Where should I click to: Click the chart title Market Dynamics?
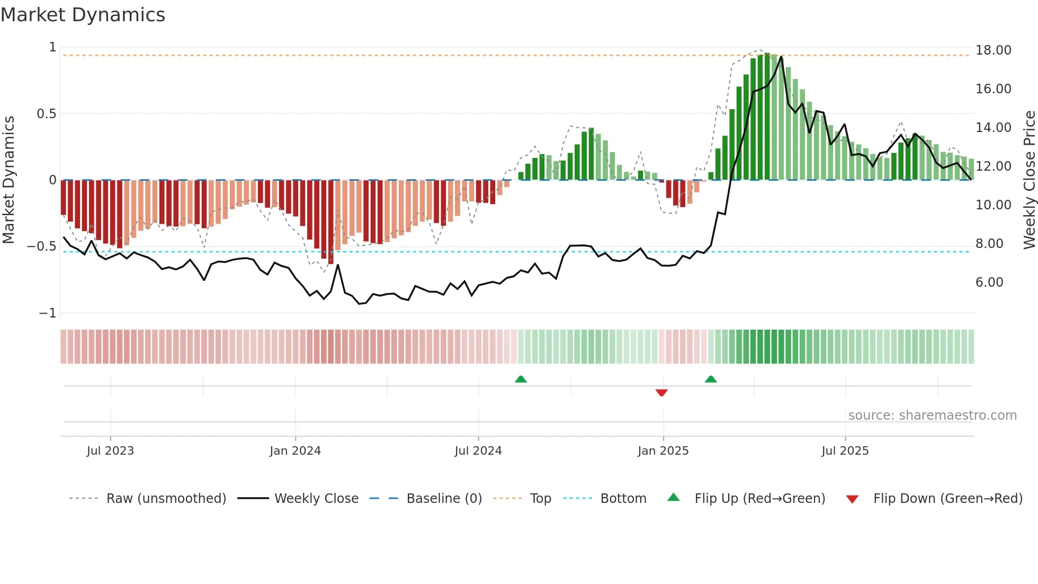click(83, 15)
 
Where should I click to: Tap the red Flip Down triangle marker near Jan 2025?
click(661, 393)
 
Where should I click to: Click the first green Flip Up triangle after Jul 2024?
click(521, 379)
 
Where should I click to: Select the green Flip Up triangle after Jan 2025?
click(711, 379)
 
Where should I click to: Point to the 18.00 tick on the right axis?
click(993, 50)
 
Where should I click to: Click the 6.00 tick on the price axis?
click(989, 282)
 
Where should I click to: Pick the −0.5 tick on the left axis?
click(42, 246)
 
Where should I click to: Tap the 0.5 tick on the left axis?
click(46, 114)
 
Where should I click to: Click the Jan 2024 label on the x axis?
click(295, 451)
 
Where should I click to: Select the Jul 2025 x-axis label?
click(845, 451)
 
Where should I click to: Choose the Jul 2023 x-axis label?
click(110, 451)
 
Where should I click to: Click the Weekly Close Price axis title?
click(1029, 180)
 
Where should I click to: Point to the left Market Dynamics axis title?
click(8, 180)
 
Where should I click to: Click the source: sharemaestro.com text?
click(932, 415)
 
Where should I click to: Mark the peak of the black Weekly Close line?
click(781, 57)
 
